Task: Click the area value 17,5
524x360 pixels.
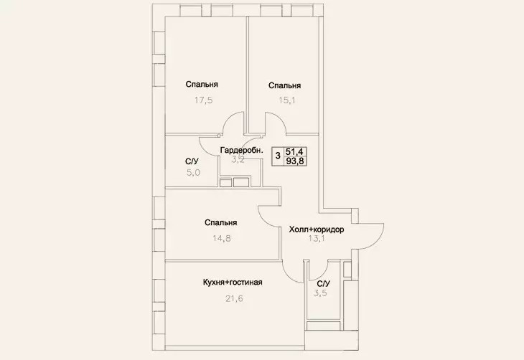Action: (x=204, y=100)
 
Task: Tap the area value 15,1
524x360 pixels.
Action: (x=287, y=100)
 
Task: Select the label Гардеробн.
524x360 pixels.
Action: (x=242, y=151)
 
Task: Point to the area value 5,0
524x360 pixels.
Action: (x=194, y=173)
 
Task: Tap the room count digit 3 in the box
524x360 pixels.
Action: (x=278, y=156)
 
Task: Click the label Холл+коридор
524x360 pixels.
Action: (x=316, y=229)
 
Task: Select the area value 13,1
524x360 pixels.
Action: (x=317, y=238)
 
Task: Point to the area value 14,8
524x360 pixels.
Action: (x=222, y=238)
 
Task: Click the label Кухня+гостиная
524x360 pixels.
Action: (x=233, y=282)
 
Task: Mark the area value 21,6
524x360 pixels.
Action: (x=234, y=298)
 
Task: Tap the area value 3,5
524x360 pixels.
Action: (x=320, y=293)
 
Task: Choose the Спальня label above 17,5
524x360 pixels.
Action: (x=202, y=84)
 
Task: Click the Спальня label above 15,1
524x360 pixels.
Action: (x=285, y=85)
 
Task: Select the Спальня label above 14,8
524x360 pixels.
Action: (x=221, y=222)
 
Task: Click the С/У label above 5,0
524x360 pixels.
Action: (x=192, y=161)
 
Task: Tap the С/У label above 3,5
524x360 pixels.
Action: (x=324, y=284)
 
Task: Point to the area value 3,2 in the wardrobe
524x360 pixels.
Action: (x=238, y=159)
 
